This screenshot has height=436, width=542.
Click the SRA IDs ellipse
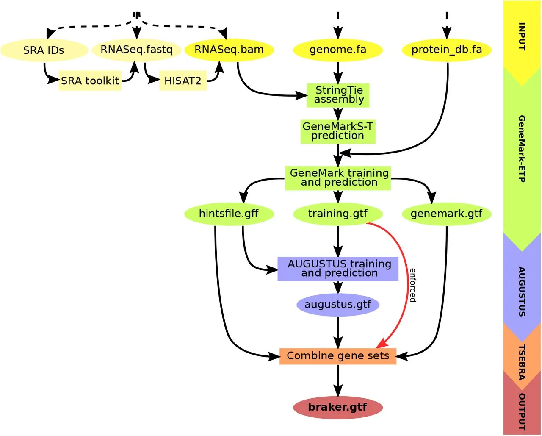[x=44, y=50]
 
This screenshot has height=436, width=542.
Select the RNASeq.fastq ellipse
[x=136, y=50]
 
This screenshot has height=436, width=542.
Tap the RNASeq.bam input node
[x=229, y=50]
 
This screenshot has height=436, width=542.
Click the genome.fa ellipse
[x=338, y=50]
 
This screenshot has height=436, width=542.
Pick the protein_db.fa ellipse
[x=447, y=50]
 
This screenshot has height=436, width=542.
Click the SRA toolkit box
[x=90, y=81]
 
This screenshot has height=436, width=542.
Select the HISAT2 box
[x=183, y=81]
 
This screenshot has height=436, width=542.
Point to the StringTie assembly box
[x=338, y=95]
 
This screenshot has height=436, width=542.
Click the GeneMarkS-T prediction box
[x=338, y=131]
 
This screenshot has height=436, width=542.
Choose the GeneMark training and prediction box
[x=338, y=178]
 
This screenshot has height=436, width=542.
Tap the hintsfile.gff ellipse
[x=229, y=214]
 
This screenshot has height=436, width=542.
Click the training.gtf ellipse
[x=338, y=214]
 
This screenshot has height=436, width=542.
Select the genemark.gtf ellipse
[x=447, y=214]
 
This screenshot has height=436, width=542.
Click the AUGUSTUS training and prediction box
[x=338, y=269]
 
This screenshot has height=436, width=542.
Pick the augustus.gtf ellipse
[x=338, y=305]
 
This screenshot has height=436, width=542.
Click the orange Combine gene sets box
[x=338, y=356]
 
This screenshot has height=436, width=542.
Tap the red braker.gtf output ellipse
[x=338, y=408]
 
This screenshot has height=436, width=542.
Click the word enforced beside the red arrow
[x=413, y=285]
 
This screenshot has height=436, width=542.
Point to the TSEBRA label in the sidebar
[x=522, y=362]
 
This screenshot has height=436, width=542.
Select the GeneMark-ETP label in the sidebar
[x=522, y=149]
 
